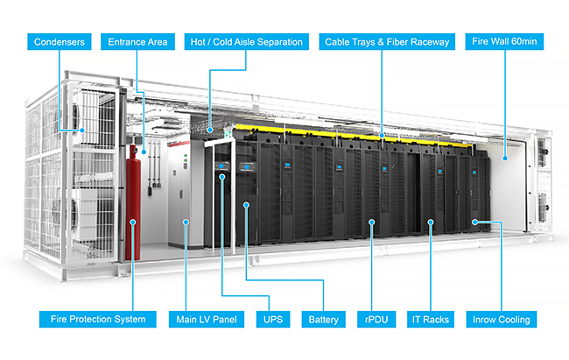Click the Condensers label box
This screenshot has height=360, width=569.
click(60, 42)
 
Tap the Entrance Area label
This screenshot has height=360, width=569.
click(137, 42)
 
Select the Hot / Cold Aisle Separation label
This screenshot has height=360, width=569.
click(246, 42)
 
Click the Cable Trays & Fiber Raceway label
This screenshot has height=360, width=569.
click(387, 42)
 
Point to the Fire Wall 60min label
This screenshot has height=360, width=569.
click(504, 41)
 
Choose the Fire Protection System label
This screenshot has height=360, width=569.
click(98, 320)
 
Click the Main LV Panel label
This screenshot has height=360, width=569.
click(206, 320)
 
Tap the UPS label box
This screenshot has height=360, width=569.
click(273, 320)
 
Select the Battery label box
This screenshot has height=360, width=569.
click(323, 320)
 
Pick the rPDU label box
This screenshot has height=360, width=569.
click(376, 320)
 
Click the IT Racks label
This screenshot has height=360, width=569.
click(431, 320)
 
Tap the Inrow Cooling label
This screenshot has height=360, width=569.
click(501, 320)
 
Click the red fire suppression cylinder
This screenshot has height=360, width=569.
click(133, 203)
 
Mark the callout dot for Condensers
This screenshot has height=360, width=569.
click(82, 130)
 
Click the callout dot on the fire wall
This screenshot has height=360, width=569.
click(505, 158)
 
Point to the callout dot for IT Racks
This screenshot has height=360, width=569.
click(431, 222)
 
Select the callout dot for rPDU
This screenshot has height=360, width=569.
click(371, 222)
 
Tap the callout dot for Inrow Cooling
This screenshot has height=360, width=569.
click(474, 222)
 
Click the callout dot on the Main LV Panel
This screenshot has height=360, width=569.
click(186, 222)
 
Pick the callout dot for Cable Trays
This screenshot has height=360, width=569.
click(382, 136)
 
